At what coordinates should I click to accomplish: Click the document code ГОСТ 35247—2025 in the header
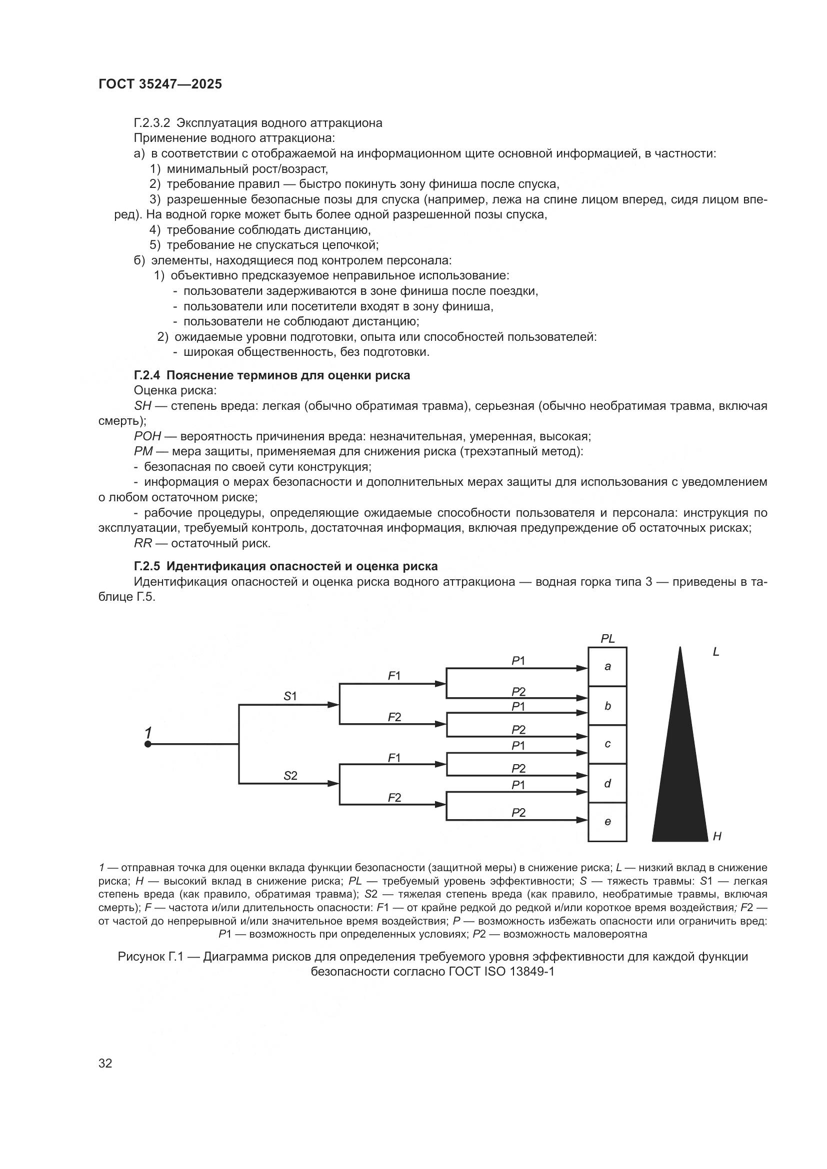160,84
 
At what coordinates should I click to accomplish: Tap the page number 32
105,1063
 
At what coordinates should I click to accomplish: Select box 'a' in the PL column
607,667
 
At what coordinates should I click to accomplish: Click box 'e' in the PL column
607,821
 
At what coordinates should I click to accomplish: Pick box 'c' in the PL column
607,744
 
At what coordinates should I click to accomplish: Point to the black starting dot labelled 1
147,744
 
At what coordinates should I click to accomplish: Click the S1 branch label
290,696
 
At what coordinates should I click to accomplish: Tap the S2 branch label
290,776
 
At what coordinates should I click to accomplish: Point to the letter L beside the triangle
715,652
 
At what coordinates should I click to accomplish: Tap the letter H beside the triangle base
717,836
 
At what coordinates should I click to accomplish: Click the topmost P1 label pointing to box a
518,661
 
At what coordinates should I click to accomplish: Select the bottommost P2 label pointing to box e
518,813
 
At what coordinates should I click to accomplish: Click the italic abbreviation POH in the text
147,436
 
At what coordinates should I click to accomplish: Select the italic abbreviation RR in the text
142,543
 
